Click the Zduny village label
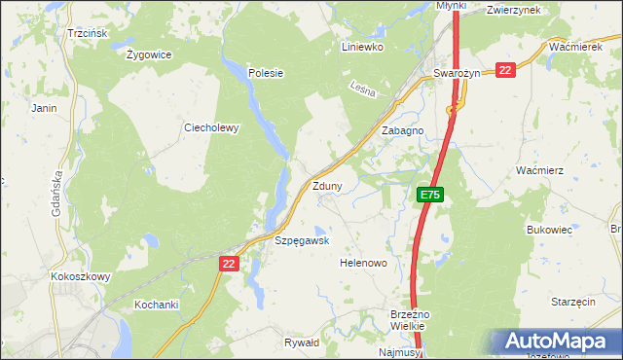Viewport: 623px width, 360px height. point(327,186)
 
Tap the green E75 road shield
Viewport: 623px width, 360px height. point(431,196)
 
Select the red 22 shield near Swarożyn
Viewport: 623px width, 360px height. point(504,70)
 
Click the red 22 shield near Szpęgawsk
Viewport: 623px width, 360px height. point(229,264)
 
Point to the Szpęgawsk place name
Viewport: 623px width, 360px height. point(302,240)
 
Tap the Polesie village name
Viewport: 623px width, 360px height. point(265,72)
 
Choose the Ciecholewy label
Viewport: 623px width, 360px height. point(212,127)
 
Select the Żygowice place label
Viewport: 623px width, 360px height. point(149,54)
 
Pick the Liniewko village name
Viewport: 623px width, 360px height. point(363,46)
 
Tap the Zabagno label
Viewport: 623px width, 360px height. point(402,129)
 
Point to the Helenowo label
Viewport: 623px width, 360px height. point(363,264)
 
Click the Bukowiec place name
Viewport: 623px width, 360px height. point(548,230)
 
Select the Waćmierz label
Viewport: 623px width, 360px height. point(540,170)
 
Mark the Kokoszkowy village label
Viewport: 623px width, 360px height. point(81,276)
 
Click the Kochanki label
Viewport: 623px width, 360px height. point(156,305)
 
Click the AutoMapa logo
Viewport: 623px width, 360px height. point(555,342)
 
